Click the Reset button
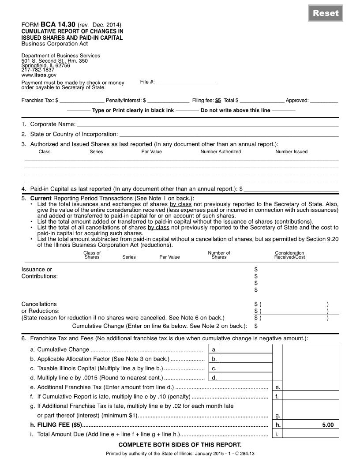[x=326, y=13]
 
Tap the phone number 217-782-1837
[x=38, y=70]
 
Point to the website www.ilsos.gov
[x=39, y=75]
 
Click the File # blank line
[x=187, y=82]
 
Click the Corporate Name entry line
[x=207, y=125]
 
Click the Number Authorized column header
[x=221, y=152]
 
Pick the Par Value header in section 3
[x=151, y=152]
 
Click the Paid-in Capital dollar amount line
[x=291, y=189]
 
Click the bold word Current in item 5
[x=41, y=198]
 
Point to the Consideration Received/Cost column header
[x=289, y=255]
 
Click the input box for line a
[x=246, y=349]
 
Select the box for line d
[x=246, y=378]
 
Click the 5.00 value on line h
[x=328, y=425]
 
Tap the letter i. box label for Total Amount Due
[x=277, y=435]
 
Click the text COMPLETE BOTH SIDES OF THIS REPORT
[x=180, y=445]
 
